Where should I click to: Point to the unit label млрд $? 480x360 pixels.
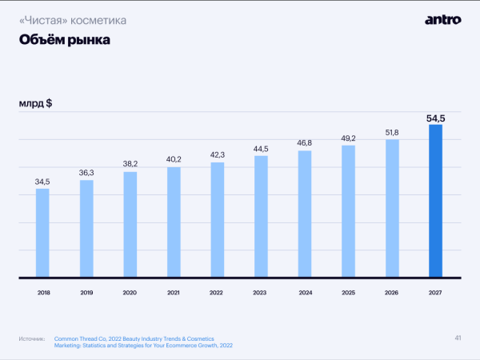point(36,104)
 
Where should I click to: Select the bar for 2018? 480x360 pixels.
point(42,233)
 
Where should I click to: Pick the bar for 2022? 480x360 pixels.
point(217,220)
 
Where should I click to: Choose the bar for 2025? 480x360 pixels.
point(348,211)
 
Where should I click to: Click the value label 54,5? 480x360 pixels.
point(435,118)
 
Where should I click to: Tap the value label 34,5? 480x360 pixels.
point(42,182)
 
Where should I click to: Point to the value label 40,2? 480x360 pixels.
point(174,159)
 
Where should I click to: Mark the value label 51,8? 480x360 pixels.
point(391,132)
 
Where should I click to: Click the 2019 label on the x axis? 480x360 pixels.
point(86,293)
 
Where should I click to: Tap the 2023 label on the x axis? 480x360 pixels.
point(261,293)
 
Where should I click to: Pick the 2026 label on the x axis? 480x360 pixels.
point(391,293)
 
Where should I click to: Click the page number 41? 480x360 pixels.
point(458,338)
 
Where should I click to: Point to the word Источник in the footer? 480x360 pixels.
point(30,339)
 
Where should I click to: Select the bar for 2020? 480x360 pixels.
point(130,225)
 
